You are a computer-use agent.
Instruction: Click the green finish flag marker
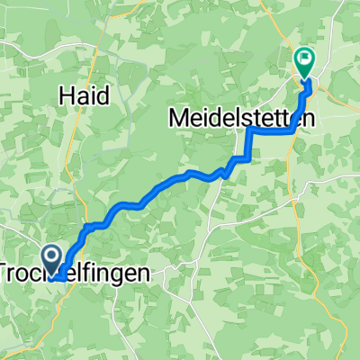(304, 62)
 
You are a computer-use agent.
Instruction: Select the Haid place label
(84, 93)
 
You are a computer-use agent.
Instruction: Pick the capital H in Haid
(67, 93)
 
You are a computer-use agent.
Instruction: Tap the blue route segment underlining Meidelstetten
(270, 130)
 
